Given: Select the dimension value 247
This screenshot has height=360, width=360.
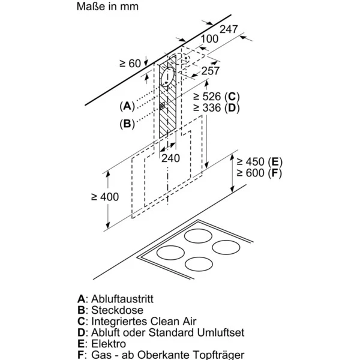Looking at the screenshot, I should [229, 29].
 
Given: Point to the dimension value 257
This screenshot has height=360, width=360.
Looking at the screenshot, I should [210, 70].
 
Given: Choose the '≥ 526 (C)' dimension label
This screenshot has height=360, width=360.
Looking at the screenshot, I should [217, 97].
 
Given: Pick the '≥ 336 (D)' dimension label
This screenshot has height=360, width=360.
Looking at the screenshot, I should [217, 108].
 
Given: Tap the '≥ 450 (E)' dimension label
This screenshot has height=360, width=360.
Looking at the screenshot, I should [259, 162].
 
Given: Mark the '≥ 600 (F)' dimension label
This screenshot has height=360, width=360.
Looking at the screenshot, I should [259, 173].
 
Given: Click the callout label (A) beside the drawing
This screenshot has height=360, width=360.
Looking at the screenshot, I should [127, 106].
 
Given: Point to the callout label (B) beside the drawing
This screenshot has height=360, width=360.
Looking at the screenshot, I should [127, 124].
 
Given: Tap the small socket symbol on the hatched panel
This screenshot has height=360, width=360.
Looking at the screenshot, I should [163, 107].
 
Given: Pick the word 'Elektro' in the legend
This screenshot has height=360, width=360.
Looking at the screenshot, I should [109, 344].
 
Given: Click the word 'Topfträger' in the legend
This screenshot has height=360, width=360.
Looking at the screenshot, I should [205, 355].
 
